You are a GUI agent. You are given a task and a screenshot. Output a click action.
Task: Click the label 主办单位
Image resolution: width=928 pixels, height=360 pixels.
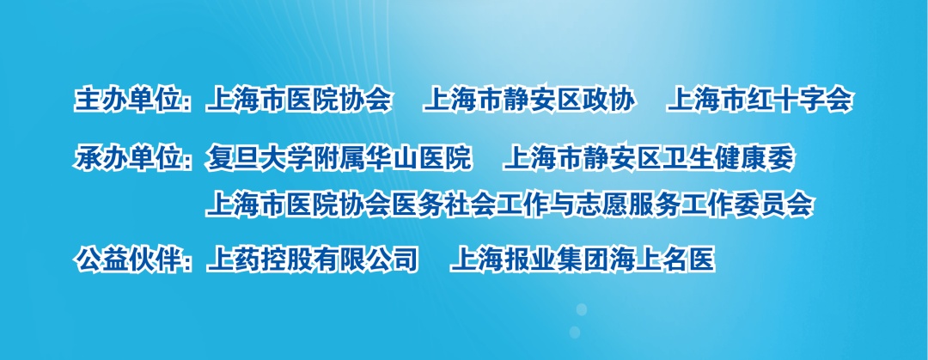pos(126,101)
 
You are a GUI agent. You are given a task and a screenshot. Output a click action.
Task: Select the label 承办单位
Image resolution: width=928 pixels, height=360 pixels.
pos(126,159)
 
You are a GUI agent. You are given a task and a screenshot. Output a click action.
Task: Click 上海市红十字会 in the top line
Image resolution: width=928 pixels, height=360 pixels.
pos(760,101)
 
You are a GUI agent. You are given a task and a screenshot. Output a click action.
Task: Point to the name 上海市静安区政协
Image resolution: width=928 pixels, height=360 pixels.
pos(529,101)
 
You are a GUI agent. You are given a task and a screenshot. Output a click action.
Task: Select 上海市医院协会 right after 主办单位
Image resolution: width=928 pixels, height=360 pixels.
pos(299,101)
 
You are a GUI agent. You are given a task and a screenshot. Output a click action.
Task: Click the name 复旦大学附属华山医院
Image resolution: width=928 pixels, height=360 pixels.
pos(339,159)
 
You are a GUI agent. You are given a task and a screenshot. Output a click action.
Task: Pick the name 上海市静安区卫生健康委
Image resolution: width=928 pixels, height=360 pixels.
pos(649,159)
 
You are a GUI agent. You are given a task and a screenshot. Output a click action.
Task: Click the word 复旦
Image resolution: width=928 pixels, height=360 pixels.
pos(231,159)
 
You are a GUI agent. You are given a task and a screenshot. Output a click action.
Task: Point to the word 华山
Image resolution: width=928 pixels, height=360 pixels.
pos(393,159)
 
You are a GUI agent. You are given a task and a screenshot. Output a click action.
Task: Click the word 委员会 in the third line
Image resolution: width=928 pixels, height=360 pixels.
pos(774,204)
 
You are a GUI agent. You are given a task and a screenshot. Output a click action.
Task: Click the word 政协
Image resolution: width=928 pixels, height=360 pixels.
pos(609,101)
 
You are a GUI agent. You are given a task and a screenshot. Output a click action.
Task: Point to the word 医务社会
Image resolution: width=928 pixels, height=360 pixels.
pos(444,204)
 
